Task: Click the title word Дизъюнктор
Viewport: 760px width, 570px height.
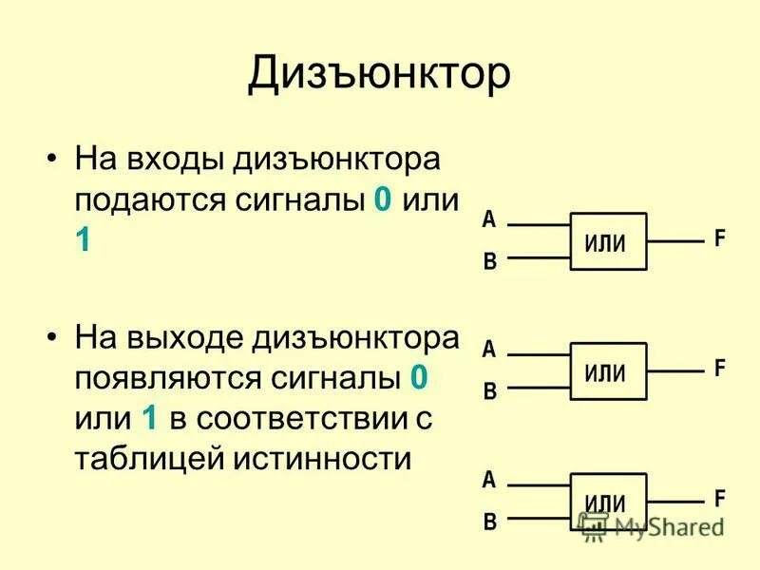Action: pyautogui.click(x=379, y=75)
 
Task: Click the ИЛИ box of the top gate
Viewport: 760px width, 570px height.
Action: pyautogui.click(x=608, y=241)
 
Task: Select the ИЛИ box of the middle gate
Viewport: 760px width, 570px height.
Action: pyautogui.click(x=608, y=371)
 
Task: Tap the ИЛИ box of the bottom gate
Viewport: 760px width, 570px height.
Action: pyautogui.click(x=608, y=503)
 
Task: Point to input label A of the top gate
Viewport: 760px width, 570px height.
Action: pyautogui.click(x=489, y=220)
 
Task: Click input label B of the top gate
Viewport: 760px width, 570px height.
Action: pyautogui.click(x=490, y=262)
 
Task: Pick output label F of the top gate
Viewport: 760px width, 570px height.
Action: pyautogui.click(x=720, y=239)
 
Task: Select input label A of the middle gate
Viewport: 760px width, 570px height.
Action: pyautogui.click(x=489, y=350)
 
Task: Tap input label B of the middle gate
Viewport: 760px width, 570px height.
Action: pyautogui.click(x=490, y=391)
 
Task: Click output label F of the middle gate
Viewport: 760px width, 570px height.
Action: pyautogui.click(x=720, y=369)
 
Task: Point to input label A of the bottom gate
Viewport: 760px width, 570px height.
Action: pyautogui.click(x=489, y=479)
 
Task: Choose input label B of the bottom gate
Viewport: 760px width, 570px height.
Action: pyautogui.click(x=490, y=522)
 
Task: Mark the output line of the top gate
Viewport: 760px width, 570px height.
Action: pyautogui.click(x=674, y=241)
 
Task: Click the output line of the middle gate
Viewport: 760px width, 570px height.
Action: pyautogui.click(x=674, y=370)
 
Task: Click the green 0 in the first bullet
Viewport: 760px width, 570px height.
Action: pyautogui.click(x=383, y=201)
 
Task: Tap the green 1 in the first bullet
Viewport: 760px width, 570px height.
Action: pyautogui.click(x=84, y=241)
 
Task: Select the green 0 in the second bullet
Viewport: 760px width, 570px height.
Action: pyautogui.click(x=419, y=378)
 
